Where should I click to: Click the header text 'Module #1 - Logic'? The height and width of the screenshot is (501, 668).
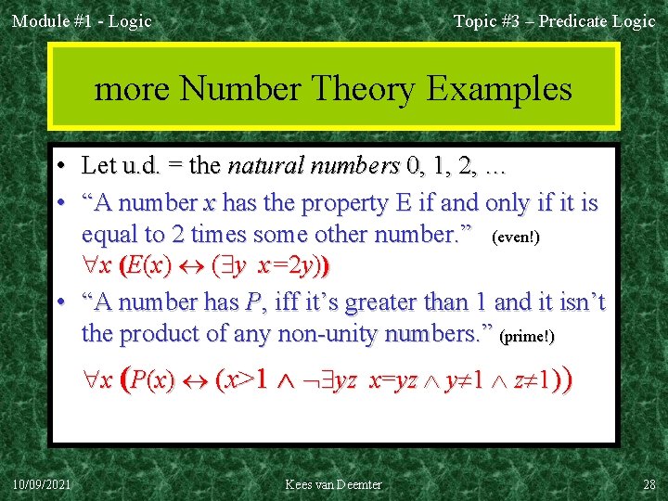tap(82, 21)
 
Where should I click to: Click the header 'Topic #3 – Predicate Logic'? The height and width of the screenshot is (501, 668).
tap(554, 21)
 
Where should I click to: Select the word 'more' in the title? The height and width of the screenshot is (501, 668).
tap(133, 89)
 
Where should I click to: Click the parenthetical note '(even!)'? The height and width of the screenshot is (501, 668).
tap(516, 238)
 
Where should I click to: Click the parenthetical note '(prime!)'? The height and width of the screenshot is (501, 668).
tap(527, 337)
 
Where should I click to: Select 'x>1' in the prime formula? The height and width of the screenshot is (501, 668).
tap(247, 380)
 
